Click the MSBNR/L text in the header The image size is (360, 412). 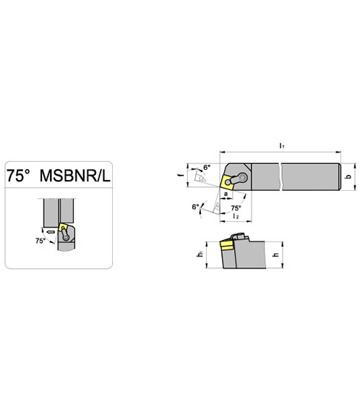[x=75, y=175]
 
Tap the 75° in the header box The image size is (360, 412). [x=18, y=175]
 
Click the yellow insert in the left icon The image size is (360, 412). [x=64, y=227]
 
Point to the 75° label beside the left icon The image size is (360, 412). [x=40, y=241]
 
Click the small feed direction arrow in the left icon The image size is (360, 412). [x=51, y=232]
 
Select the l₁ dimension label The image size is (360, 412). [x=282, y=145]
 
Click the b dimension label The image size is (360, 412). [x=349, y=176]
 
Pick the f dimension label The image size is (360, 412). [x=181, y=174]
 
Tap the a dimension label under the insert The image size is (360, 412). [x=226, y=194]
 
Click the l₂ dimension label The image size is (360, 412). [x=236, y=216]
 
